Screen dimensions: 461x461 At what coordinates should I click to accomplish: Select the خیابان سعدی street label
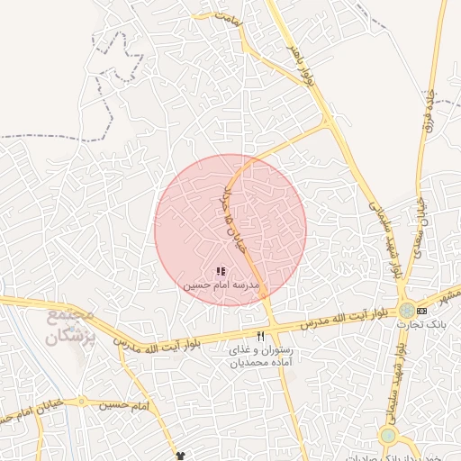click(420, 226)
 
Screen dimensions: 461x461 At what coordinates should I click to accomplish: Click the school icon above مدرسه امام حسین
click(221, 271)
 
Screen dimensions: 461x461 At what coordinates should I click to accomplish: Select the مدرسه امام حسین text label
click(221, 285)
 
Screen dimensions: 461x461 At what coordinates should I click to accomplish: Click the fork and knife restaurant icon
click(261, 335)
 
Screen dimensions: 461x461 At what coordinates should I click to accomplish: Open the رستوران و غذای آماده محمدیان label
click(261, 355)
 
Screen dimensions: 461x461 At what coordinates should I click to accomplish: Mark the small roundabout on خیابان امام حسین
click(82, 402)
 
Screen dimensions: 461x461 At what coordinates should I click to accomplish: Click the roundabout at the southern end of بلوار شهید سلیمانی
click(388, 436)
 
